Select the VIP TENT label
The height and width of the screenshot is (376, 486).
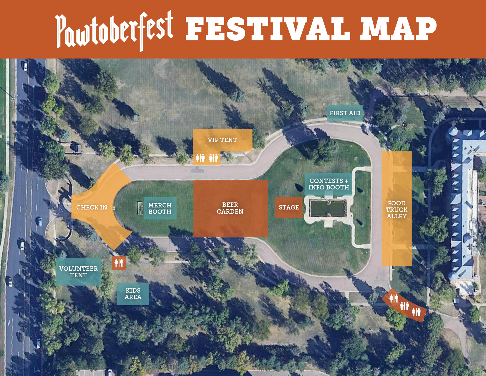tap(222, 140)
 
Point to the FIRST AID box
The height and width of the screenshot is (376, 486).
tap(345, 113)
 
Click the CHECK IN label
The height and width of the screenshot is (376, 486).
tap(92, 207)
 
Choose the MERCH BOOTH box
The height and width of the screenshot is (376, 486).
tap(160, 208)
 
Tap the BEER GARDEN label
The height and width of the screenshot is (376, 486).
tap(230, 208)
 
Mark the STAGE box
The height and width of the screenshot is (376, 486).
tap(288, 207)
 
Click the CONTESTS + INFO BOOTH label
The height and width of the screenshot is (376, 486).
tap(329, 184)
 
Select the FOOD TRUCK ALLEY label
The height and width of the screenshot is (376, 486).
tap(397, 210)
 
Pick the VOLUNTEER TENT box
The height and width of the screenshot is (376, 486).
tap(78, 272)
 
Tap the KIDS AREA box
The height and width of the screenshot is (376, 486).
tap(133, 294)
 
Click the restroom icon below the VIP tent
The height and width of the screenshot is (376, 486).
tap(207, 158)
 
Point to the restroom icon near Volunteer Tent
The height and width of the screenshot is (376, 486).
tap(119, 263)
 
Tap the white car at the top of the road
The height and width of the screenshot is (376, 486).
tap(25, 66)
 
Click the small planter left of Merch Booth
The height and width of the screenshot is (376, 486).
tap(140, 208)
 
